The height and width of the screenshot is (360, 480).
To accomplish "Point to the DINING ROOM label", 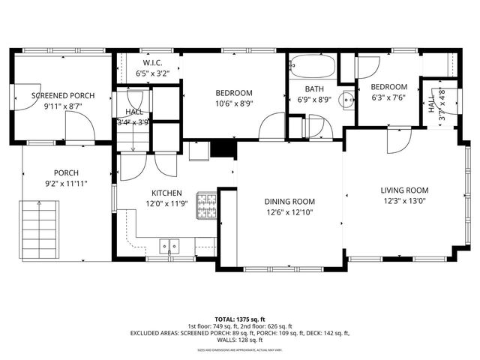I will [289, 202].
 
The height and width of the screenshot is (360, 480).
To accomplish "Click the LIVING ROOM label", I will [404, 190].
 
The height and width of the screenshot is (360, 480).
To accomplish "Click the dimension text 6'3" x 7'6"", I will [388, 97].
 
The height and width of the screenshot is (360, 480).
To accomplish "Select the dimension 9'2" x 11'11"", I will [67, 182].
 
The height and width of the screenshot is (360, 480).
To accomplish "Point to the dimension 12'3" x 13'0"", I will [404, 200].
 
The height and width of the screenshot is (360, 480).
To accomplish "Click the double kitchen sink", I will [170, 245].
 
